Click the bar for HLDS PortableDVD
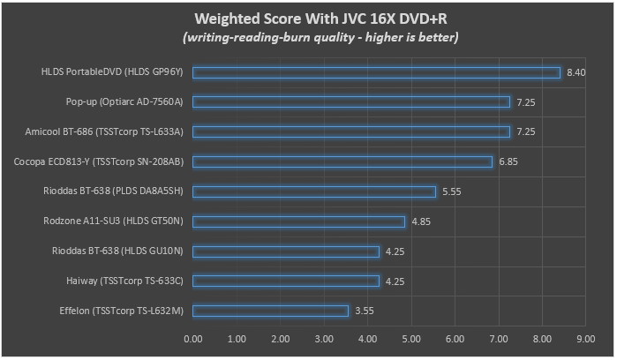coord(376,72)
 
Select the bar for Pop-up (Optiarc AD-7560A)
coord(350,102)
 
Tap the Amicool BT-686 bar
coord(350,132)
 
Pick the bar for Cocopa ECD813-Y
coord(342,161)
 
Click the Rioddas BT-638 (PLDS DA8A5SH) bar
coord(313,191)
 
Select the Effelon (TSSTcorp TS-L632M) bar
coord(270,311)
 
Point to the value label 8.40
coord(576,72)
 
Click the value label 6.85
coord(508,161)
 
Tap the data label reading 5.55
coord(452,191)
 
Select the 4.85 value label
coord(421,221)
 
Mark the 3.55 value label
coord(365,311)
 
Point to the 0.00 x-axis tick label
coord(192,338)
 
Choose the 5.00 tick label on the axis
coord(410,338)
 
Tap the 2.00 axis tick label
coord(280,338)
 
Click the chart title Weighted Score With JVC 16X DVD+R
coord(308,19)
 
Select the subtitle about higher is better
coord(308,37)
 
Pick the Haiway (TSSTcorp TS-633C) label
coord(118,281)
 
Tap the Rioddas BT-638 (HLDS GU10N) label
coord(117,251)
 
